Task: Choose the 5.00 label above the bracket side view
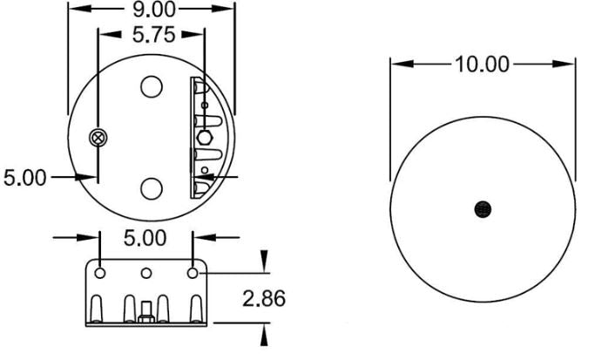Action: (147, 238)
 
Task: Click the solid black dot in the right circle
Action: (483, 207)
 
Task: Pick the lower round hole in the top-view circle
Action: (152, 187)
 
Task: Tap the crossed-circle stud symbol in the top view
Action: (98, 138)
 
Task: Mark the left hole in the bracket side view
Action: (101, 274)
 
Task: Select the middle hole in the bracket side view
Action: (146, 274)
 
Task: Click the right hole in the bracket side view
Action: (193, 274)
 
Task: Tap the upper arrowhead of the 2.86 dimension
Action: (266, 262)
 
